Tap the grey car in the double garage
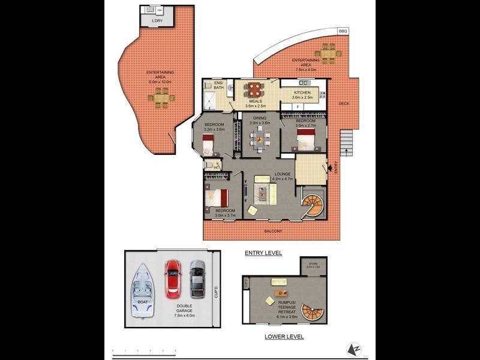197,278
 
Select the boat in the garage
142,290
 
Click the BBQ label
343,31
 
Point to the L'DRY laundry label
157,21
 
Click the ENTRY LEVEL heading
263,253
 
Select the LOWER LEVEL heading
284,337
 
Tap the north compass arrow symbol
355,349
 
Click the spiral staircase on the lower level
311,313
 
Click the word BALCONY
272,230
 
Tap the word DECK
344,104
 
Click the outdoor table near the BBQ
328,53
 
